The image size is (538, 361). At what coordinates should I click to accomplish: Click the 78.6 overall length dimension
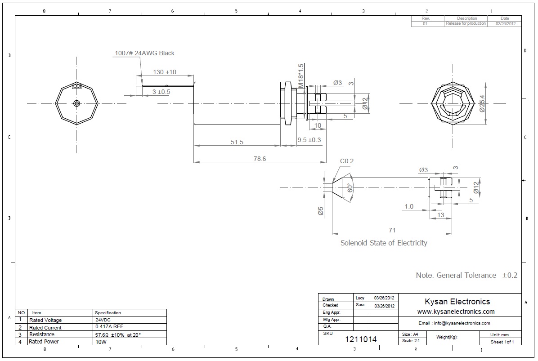(x=260, y=158)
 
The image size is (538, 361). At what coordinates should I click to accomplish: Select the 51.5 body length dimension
(x=237, y=142)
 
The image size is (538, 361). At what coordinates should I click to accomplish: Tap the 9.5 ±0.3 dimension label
(x=309, y=140)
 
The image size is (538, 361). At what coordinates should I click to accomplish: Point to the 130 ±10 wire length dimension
(x=165, y=72)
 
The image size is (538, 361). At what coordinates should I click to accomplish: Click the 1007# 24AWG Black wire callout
(x=143, y=53)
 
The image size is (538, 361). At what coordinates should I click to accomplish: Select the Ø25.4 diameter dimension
(x=482, y=103)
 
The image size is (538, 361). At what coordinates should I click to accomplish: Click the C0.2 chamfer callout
(x=347, y=161)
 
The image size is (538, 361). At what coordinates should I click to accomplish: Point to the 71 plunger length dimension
(x=392, y=230)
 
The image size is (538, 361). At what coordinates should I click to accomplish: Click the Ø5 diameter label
(x=321, y=211)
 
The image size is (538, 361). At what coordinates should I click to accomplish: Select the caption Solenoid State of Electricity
(x=384, y=243)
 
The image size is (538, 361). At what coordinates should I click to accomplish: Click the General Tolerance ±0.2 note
(x=466, y=275)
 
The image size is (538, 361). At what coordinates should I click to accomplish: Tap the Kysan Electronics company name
(x=457, y=302)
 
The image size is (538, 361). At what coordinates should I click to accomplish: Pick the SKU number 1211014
(x=361, y=339)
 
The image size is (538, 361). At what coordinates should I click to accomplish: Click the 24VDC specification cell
(x=103, y=320)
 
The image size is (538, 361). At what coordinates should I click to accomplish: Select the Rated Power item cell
(x=44, y=342)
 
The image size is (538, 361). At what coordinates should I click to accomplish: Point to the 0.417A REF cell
(x=108, y=327)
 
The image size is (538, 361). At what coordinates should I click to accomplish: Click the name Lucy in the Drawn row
(x=360, y=298)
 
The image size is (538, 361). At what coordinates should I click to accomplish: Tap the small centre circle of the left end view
(x=76, y=103)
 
